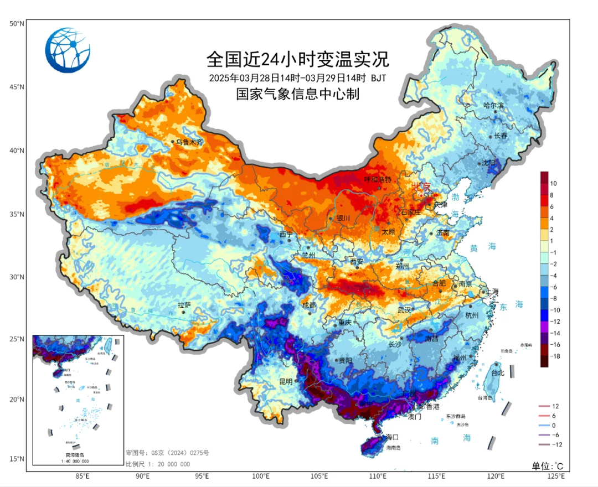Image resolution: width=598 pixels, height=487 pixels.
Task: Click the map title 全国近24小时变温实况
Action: coord(298,58)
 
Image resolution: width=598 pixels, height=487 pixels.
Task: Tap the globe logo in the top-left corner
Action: coord(68,50)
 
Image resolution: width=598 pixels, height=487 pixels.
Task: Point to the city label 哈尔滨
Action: coord(493,105)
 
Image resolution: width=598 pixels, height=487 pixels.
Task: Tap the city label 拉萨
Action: coord(184,305)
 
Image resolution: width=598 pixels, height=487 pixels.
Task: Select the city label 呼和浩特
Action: coord(378,180)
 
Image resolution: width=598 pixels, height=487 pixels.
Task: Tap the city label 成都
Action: coord(308,305)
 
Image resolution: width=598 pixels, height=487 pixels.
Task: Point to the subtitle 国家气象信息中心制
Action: coord(298,94)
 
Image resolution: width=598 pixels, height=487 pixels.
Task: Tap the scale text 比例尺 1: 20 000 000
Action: coord(158,464)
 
